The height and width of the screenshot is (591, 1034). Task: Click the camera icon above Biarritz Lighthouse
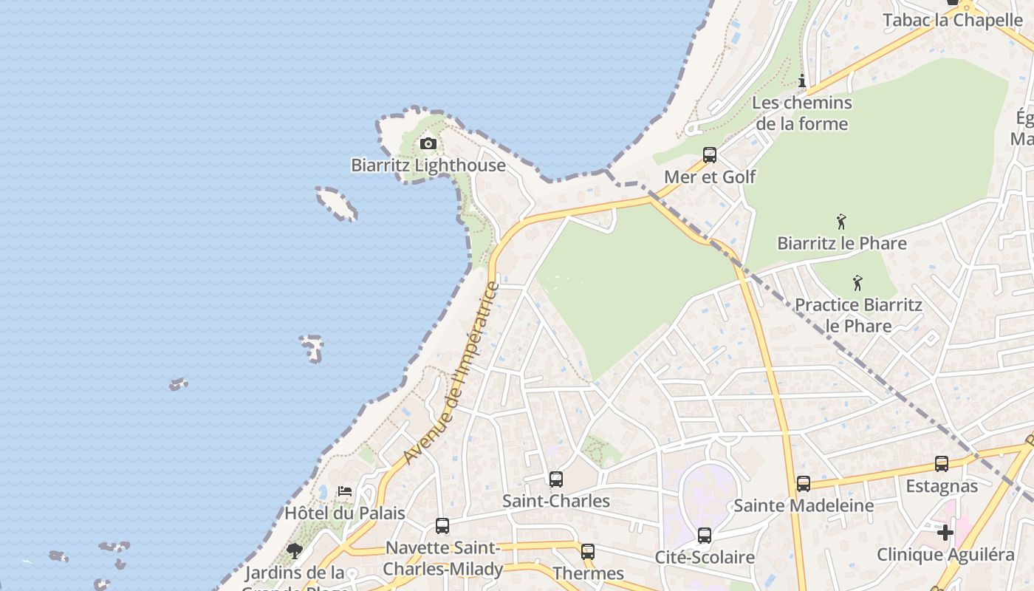tap(428, 143)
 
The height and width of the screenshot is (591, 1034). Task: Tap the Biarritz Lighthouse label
tap(428, 165)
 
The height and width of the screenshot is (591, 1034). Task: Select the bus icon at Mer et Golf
tap(710, 155)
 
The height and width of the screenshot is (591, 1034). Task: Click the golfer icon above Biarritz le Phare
tap(840, 222)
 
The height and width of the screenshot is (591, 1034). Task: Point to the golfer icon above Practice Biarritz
tap(857, 283)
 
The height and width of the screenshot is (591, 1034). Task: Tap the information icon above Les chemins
tap(802, 81)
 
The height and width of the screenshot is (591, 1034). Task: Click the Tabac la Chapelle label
tap(953, 20)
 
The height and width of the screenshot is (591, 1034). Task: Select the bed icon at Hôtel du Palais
tap(345, 491)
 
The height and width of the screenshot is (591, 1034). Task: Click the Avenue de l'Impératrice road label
tap(452, 374)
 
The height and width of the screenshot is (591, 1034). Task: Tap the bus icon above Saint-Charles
tap(556, 479)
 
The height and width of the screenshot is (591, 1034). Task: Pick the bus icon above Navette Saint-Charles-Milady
tap(442, 526)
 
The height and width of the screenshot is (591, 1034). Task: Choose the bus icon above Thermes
tap(588, 552)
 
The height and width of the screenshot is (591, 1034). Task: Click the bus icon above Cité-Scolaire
tap(705, 536)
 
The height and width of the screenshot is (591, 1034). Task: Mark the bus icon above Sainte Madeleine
tap(804, 484)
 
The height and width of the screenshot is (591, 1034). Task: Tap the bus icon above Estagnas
tap(942, 464)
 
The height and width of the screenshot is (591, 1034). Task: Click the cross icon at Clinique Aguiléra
tap(945, 532)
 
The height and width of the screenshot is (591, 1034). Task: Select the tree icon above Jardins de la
tap(295, 550)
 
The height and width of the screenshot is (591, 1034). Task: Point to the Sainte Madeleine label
tap(804, 506)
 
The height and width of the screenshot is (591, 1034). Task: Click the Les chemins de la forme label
tap(802, 113)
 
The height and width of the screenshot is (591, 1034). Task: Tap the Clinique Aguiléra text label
tap(945, 555)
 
